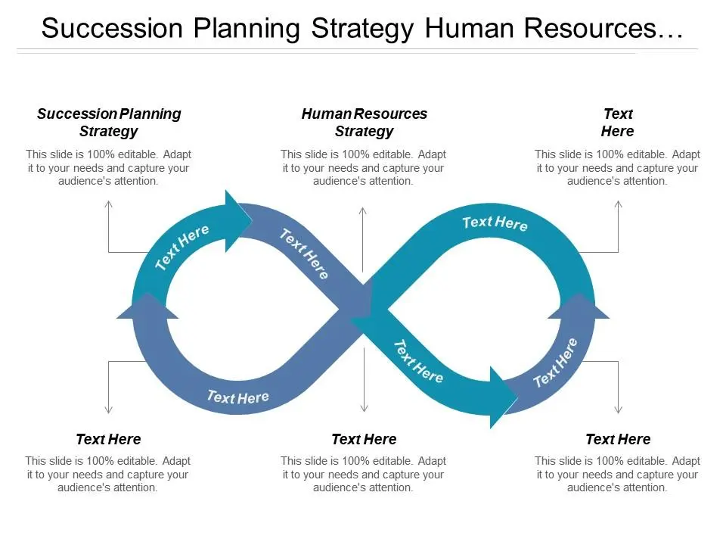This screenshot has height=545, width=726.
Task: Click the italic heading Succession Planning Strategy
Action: click(109, 123)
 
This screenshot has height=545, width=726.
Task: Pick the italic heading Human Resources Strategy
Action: click(364, 123)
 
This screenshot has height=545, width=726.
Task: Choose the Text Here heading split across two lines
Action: click(617, 123)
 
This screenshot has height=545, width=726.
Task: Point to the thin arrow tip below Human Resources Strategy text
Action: click(364, 207)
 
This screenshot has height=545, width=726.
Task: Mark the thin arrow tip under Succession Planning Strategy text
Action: click(109, 203)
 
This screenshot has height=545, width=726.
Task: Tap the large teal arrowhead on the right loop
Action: click(502, 395)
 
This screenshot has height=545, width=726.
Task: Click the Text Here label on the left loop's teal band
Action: click(182, 247)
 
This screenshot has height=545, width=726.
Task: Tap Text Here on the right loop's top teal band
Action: click(495, 223)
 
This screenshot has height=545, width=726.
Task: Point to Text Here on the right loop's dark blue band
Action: click(556, 363)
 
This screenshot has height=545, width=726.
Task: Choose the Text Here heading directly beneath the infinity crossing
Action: click(364, 439)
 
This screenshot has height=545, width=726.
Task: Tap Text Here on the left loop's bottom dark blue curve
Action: click(237, 397)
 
